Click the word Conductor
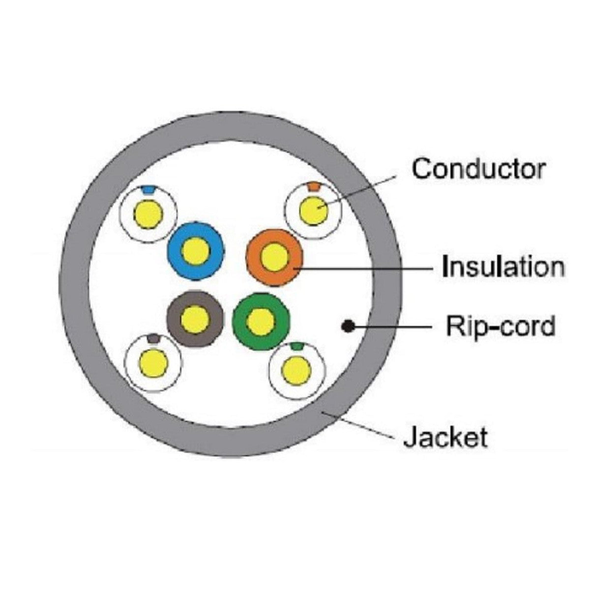click(x=478, y=168)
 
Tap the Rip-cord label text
click(x=501, y=327)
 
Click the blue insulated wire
click(x=196, y=251)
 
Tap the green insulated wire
click(x=261, y=321)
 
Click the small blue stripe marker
click(x=148, y=189)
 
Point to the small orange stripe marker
click(x=314, y=186)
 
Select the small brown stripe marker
click(x=153, y=338)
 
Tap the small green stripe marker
click(x=296, y=346)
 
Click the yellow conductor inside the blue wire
click(x=196, y=251)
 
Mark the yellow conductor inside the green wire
click(x=261, y=321)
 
